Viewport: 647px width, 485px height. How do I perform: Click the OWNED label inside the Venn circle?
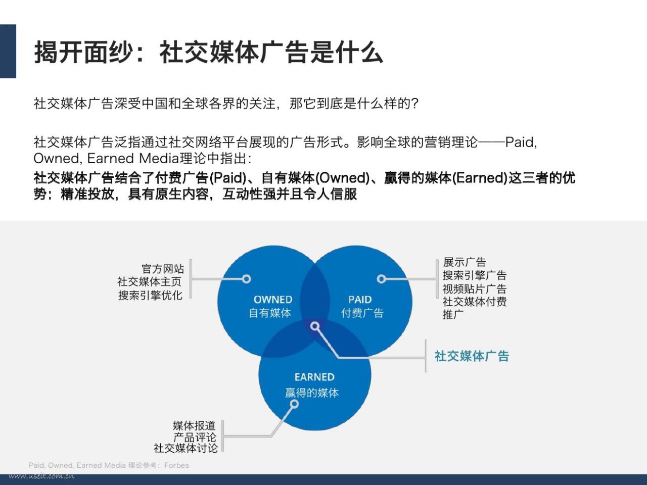point(273,300)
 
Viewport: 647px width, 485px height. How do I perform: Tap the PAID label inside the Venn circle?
point(360,300)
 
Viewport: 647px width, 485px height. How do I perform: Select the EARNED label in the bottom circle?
point(314,377)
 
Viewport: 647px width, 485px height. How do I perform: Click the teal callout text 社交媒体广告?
point(472,356)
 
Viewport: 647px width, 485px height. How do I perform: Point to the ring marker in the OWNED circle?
point(247,279)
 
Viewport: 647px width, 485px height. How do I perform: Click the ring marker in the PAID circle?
point(382,279)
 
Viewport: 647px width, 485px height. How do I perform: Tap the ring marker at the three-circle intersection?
point(315,326)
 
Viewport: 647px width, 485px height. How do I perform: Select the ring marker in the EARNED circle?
point(294,404)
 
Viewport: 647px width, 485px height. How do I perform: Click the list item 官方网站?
point(163,269)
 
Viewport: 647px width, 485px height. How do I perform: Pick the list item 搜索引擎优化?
point(150,295)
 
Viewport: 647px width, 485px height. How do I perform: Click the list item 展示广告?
point(464,262)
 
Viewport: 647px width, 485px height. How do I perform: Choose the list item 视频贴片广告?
point(475,288)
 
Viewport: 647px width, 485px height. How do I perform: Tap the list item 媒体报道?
point(194,425)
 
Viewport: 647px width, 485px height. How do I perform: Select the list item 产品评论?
point(195,437)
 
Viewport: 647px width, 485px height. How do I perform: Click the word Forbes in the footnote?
point(176,465)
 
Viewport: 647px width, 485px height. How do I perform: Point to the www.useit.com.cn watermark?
point(41,475)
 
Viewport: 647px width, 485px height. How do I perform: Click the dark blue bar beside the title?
point(8,51)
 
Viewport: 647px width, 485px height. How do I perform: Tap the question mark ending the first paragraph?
point(415,104)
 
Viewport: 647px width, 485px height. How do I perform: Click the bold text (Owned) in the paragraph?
point(343,177)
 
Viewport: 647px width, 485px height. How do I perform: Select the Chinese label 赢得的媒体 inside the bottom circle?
point(312,393)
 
